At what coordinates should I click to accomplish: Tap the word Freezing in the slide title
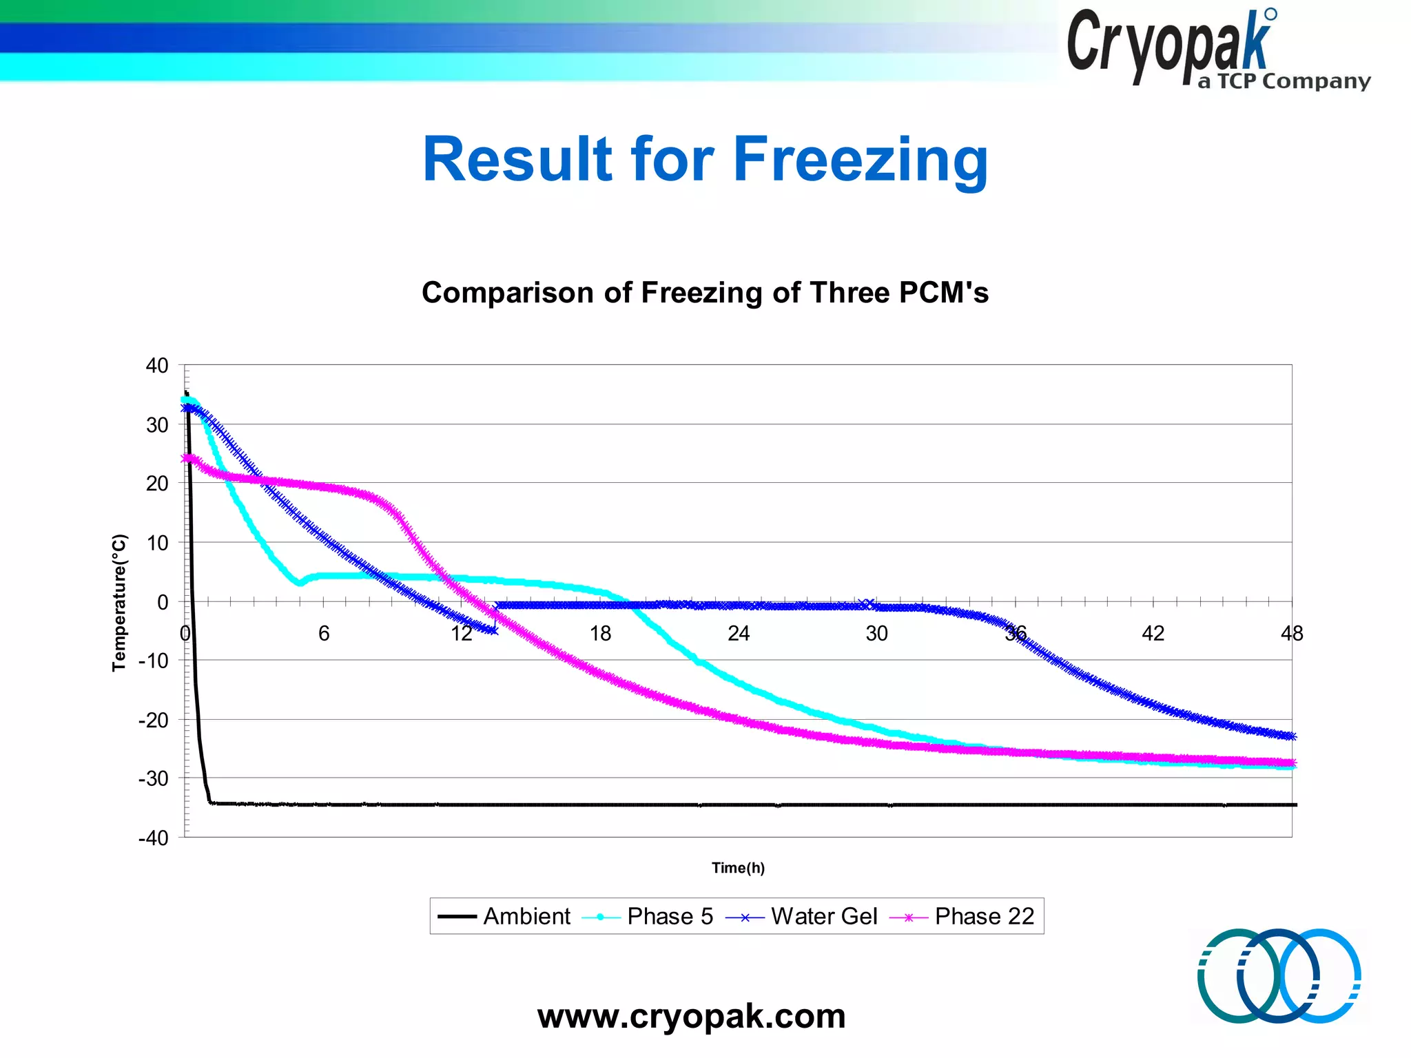click(x=861, y=160)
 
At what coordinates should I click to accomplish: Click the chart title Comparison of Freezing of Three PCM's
click(x=705, y=293)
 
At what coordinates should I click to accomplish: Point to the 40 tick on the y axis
click(x=157, y=366)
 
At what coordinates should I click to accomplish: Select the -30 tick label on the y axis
click(x=154, y=779)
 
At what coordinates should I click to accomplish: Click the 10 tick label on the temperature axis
click(x=157, y=543)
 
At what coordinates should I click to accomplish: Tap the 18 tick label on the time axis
click(x=600, y=633)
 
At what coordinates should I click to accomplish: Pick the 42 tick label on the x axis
click(x=1153, y=633)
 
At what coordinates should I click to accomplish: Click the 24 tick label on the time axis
click(x=739, y=633)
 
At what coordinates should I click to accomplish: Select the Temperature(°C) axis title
click(x=119, y=602)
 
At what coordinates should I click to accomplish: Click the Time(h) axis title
click(x=738, y=868)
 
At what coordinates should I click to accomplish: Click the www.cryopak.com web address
click(x=691, y=1017)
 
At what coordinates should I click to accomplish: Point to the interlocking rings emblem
click(x=1279, y=975)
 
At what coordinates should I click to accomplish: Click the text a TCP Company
click(x=1284, y=82)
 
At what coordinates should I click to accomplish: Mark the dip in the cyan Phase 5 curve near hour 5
click(x=299, y=583)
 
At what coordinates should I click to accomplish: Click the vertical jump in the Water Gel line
click(x=495, y=617)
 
